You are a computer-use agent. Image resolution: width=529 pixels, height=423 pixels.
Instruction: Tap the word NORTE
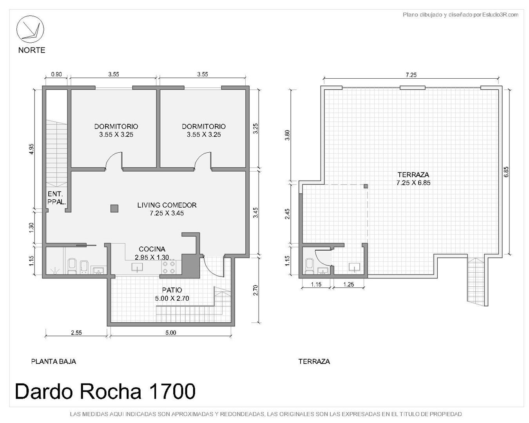click(32, 50)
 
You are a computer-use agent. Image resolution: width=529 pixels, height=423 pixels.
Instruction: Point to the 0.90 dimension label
click(56, 74)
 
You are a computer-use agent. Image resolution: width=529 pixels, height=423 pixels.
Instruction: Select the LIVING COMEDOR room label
click(167, 205)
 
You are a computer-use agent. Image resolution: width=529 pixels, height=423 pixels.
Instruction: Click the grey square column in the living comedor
click(114, 208)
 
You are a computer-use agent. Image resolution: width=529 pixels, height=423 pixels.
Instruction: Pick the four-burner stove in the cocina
click(169, 267)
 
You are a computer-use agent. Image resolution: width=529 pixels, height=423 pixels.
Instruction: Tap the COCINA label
click(152, 249)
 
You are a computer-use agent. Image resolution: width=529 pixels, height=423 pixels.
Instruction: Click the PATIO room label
click(172, 290)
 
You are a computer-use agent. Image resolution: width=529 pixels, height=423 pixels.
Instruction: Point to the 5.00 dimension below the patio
click(170, 333)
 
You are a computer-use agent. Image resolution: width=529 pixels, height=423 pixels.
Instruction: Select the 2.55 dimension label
click(76, 333)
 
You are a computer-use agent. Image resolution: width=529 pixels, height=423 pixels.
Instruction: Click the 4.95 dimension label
click(31, 149)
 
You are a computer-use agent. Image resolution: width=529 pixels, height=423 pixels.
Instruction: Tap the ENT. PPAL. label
click(56, 198)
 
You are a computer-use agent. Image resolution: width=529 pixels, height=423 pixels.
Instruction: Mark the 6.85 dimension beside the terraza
click(506, 172)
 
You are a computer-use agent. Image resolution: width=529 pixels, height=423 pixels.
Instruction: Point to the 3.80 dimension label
click(287, 135)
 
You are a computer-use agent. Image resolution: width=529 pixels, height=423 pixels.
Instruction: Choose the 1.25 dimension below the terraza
click(349, 284)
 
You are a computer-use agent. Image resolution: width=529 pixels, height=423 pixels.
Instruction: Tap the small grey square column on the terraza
click(366, 186)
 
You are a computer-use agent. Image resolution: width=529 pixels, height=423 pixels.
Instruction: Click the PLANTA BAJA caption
click(54, 362)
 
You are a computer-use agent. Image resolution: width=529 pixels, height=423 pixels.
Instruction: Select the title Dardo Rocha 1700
click(105, 391)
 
